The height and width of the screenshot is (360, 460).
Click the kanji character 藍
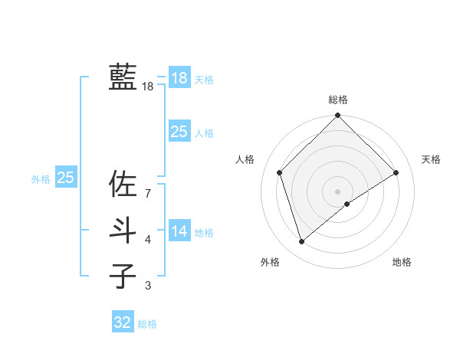point(123,77)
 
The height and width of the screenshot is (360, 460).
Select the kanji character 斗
point(123,231)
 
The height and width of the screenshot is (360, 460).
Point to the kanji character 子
point(123,276)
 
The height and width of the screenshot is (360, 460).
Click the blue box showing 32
point(123,322)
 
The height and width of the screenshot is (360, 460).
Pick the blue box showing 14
point(179,231)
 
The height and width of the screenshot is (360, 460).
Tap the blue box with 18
point(179,78)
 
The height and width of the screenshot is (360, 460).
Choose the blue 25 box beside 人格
point(179,132)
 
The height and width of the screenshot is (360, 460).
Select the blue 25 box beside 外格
point(66,178)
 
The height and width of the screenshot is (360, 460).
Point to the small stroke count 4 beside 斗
point(148,240)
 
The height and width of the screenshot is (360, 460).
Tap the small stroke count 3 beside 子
point(148,286)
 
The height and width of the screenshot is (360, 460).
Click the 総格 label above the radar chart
point(338,100)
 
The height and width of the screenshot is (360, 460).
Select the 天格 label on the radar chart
point(431,159)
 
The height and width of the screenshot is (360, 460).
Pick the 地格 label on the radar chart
point(402,262)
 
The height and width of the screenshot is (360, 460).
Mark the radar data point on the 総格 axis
point(338,116)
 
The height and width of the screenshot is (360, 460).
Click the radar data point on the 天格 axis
point(396,172)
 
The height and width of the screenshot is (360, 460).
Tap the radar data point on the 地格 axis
point(347,204)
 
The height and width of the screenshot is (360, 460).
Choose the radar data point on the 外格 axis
point(302,242)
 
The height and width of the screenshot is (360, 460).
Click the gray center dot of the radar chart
point(338,191)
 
